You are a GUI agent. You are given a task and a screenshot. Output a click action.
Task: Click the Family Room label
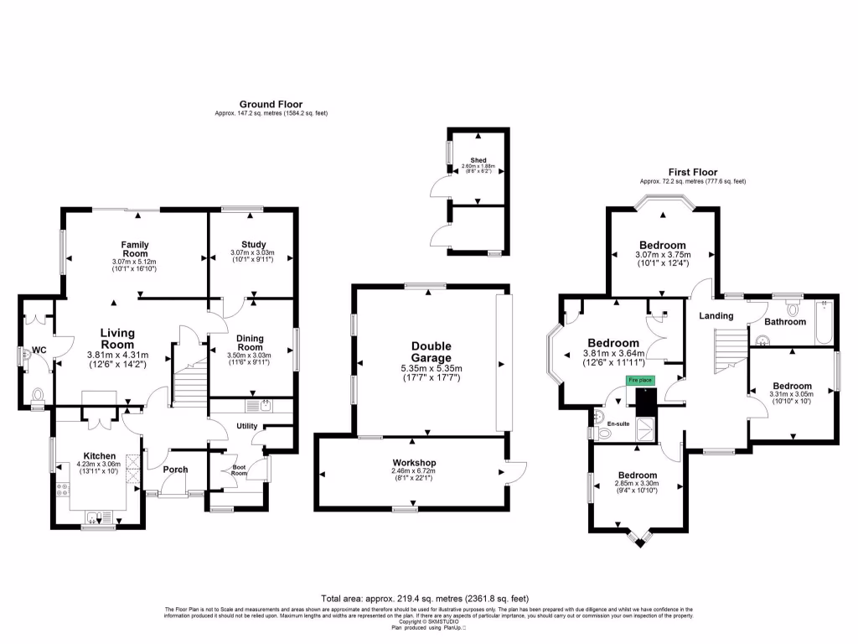(135, 249)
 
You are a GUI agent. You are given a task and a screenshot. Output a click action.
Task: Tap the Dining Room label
(251, 342)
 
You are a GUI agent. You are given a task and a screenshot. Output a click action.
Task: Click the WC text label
(39, 351)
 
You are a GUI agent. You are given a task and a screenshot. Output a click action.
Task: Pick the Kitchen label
(99, 456)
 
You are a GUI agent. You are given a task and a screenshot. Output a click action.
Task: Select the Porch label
(175, 470)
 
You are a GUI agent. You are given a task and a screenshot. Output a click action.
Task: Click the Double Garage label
(431, 352)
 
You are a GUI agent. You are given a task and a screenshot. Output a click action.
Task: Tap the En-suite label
(618, 424)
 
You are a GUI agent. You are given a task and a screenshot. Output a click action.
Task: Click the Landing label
(716, 316)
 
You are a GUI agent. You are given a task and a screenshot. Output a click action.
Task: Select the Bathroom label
(784, 321)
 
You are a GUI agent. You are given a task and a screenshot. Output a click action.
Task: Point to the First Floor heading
(692, 172)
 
